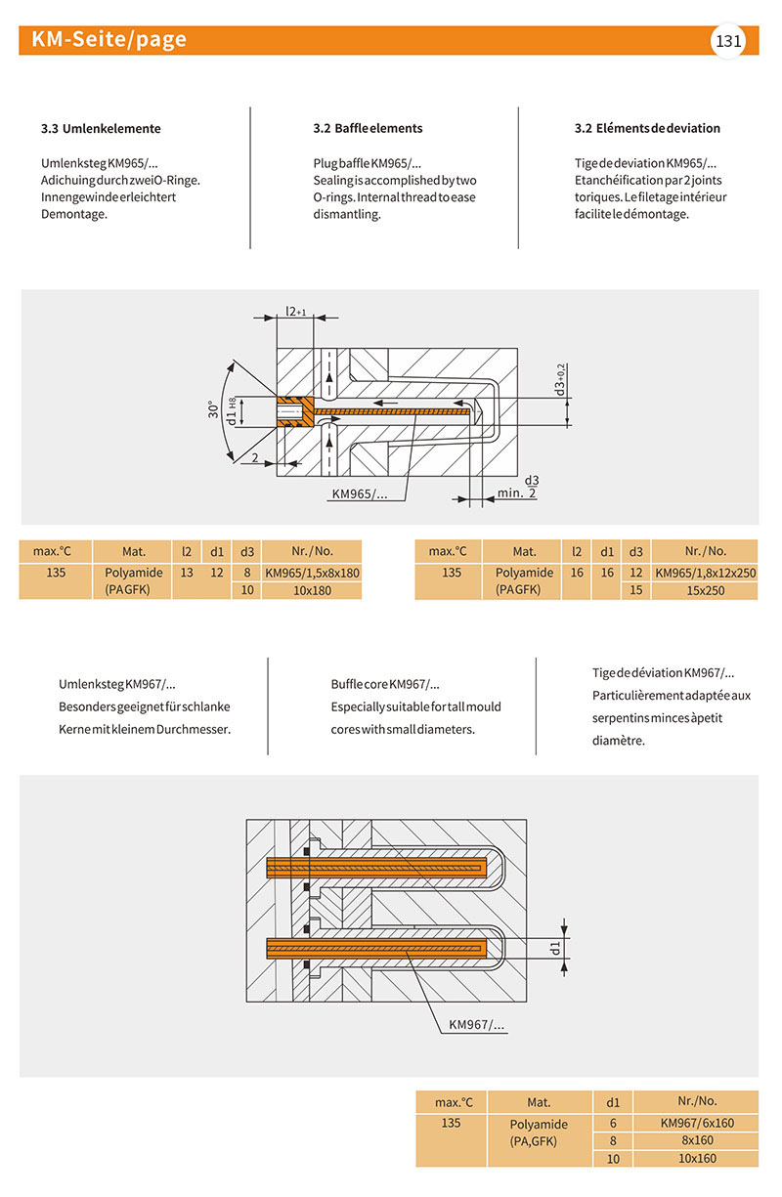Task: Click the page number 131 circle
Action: click(727, 41)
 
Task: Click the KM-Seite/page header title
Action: click(109, 40)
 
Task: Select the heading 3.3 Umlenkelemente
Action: click(101, 128)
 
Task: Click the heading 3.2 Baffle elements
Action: click(361, 128)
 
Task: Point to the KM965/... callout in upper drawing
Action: click(360, 494)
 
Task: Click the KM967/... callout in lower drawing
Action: click(477, 1025)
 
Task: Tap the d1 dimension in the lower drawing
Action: click(555, 946)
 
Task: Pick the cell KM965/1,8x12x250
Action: click(705, 573)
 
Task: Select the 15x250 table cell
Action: click(705, 591)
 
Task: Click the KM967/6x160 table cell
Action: click(696, 1123)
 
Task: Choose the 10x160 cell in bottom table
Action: click(696, 1158)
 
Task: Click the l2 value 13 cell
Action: click(187, 573)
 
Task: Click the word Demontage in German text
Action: click(73, 214)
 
